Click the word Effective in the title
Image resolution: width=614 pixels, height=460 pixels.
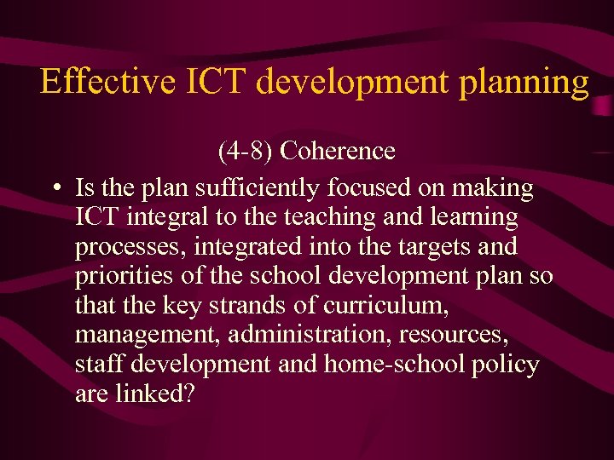coord(100,82)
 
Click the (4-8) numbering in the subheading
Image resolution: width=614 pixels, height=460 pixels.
coord(246,152)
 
